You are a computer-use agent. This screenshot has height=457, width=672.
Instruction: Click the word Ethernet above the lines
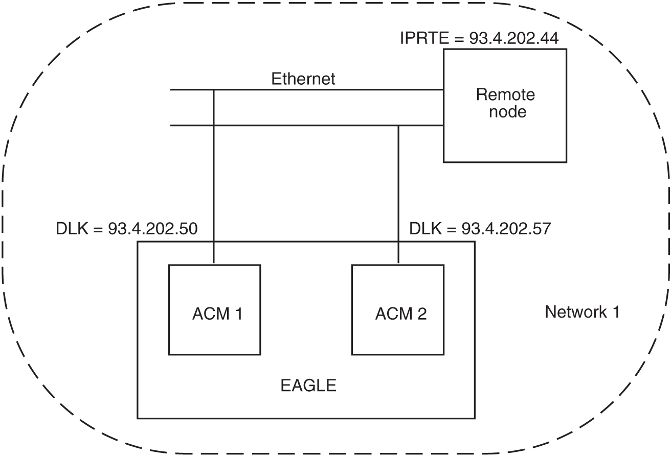[303, 79]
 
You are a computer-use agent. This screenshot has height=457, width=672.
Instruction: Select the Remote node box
[505, 105]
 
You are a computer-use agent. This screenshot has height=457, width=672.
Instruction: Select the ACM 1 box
[214, 309]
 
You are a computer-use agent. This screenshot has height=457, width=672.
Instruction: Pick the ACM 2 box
[398, 309]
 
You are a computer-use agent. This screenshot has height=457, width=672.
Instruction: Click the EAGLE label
[308, 385]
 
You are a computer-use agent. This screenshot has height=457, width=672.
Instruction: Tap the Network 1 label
[582, 311]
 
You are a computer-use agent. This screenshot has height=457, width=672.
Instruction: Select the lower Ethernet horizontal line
[307, 125]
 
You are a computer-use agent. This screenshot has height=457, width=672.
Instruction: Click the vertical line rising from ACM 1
[214, 194]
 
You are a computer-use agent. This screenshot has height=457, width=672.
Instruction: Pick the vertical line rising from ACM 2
[398, 194]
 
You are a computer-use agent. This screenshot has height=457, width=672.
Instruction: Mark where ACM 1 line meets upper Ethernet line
[214, 90]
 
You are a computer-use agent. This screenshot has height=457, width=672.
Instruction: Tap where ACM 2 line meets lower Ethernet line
[398, 125]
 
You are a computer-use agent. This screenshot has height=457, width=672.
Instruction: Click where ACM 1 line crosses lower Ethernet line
[214, 125]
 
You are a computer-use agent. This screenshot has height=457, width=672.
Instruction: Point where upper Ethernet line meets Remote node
[443, 90]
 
